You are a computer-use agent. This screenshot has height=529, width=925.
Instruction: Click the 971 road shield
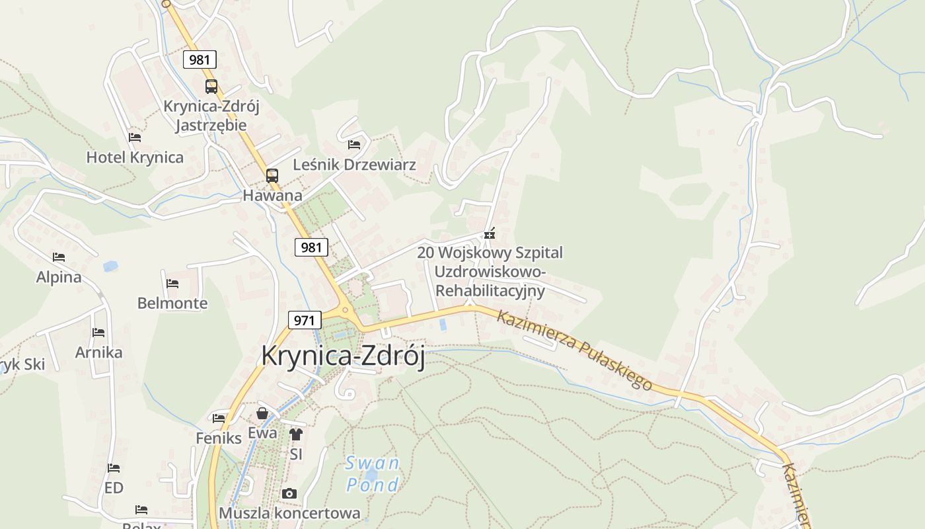(304, 321)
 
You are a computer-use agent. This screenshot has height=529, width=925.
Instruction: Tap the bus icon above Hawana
(272, 176)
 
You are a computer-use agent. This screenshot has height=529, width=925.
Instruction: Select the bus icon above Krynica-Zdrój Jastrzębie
(211, 86)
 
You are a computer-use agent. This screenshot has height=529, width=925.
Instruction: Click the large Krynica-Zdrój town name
(342, 356)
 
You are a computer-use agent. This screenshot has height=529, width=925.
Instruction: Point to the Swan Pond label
(373, 474)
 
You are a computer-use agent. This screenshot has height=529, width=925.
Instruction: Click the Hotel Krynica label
(135, 157)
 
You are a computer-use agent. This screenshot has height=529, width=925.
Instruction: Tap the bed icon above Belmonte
(172, 284)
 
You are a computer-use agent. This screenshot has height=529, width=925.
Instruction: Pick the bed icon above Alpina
(59, 257)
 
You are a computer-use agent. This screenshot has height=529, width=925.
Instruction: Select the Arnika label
(98, 352)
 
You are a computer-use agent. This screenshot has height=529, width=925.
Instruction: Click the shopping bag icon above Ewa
(262, 414)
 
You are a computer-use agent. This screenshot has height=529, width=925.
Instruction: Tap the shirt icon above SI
(295, 434)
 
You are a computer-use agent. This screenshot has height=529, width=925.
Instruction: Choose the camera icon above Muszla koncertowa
(289, 493)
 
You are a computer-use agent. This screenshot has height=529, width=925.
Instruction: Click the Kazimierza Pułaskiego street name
(574, 350)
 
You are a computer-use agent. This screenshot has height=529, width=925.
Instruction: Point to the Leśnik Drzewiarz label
(354, 164)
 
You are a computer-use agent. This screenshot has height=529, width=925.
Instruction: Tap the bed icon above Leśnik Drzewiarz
(354, 144)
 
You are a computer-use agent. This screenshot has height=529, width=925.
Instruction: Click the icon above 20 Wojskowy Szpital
(490, 233)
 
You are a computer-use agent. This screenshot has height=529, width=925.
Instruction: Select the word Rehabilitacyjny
(490, 290)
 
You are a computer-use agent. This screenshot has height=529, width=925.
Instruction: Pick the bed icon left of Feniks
(219, 418)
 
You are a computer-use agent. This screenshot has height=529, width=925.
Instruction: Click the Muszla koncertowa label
(289, 513)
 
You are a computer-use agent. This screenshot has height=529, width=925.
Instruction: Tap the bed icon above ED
(114, 468)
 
